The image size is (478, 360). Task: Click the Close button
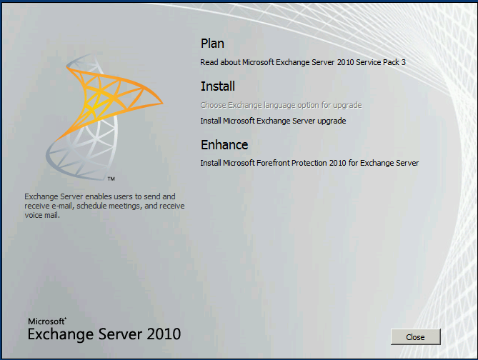pos(415,336)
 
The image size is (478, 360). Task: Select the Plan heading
pos(212,44)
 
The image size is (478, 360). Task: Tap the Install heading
pos(217,86)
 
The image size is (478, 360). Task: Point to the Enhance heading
pos(224,145)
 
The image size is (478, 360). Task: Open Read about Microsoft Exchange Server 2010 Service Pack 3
pos(302,62)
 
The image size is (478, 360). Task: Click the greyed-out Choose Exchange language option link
pos(281,105)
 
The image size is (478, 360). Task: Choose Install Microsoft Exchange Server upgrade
pos(273,121)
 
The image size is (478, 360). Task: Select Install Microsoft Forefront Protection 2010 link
pos(309,163)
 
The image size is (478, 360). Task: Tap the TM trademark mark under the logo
pos(111,178)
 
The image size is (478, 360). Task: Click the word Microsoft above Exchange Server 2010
pos(46,321)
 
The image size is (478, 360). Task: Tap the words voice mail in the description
pos(41,215)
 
